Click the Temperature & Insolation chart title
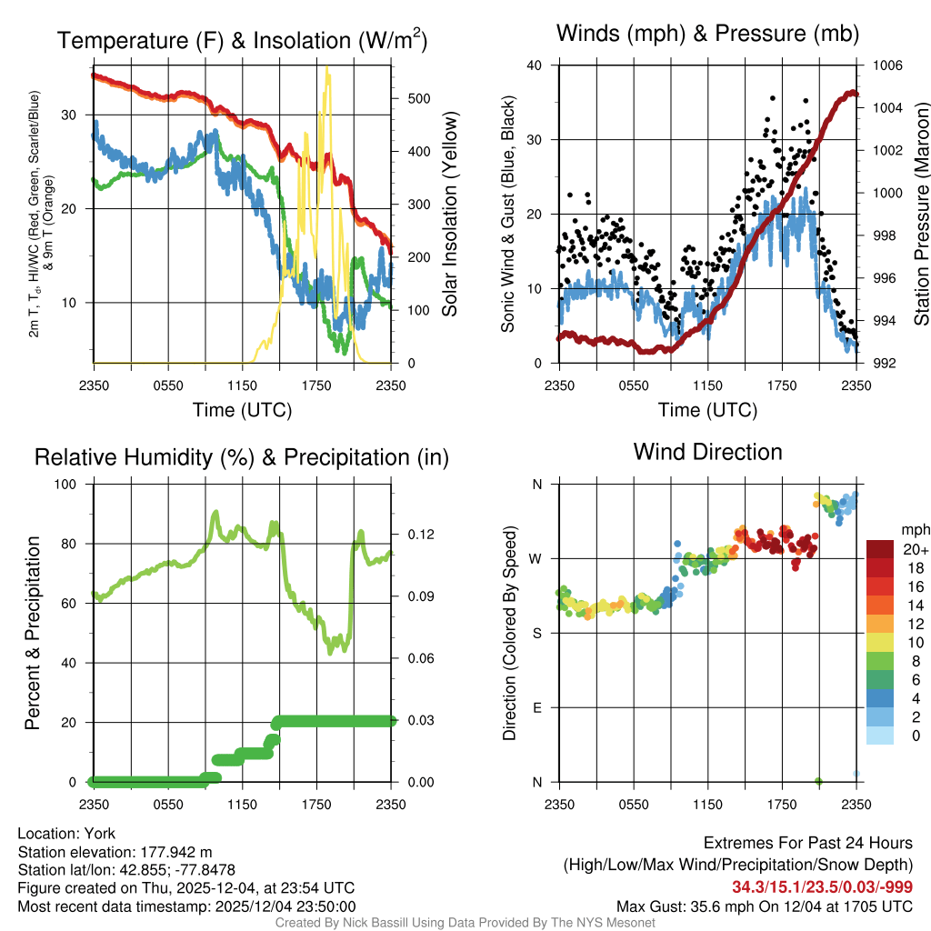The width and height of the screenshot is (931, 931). pyautogui.click(x=242, y=40)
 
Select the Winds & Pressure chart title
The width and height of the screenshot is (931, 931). pyautogui.click(x=707, y=34)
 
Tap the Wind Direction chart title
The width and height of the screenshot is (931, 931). pyautogui.click(x=707, y=451)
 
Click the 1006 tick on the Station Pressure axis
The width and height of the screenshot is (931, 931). pyautogui.click(x=886, y=65)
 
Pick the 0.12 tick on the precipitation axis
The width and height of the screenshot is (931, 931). pyautogui.click(x=415, y=534)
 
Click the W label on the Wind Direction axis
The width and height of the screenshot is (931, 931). pyautogui.click(x=537, y=558)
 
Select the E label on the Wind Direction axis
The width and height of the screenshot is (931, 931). pyautogui.click(x=537, y=707)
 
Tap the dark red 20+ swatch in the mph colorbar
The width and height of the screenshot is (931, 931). pyautogui.click(x=879, y=548)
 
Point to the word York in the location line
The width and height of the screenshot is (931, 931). pyautogui.click(x=96, y=833)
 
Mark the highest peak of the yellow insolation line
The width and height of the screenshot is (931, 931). pyautogui.click(x=327, y=68)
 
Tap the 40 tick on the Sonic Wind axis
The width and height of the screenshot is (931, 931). pyautogui.click(x=535, y=65)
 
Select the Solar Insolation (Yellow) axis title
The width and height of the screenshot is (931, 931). pyautogui.click(x=450, y=215)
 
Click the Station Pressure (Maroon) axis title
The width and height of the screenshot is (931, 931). pyautogui.click(x=920, y=215)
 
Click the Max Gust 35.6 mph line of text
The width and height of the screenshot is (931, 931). pyautogui.click(x=765, y=906)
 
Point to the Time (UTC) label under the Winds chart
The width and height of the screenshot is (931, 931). pyautogui.click(x=707, y=410)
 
